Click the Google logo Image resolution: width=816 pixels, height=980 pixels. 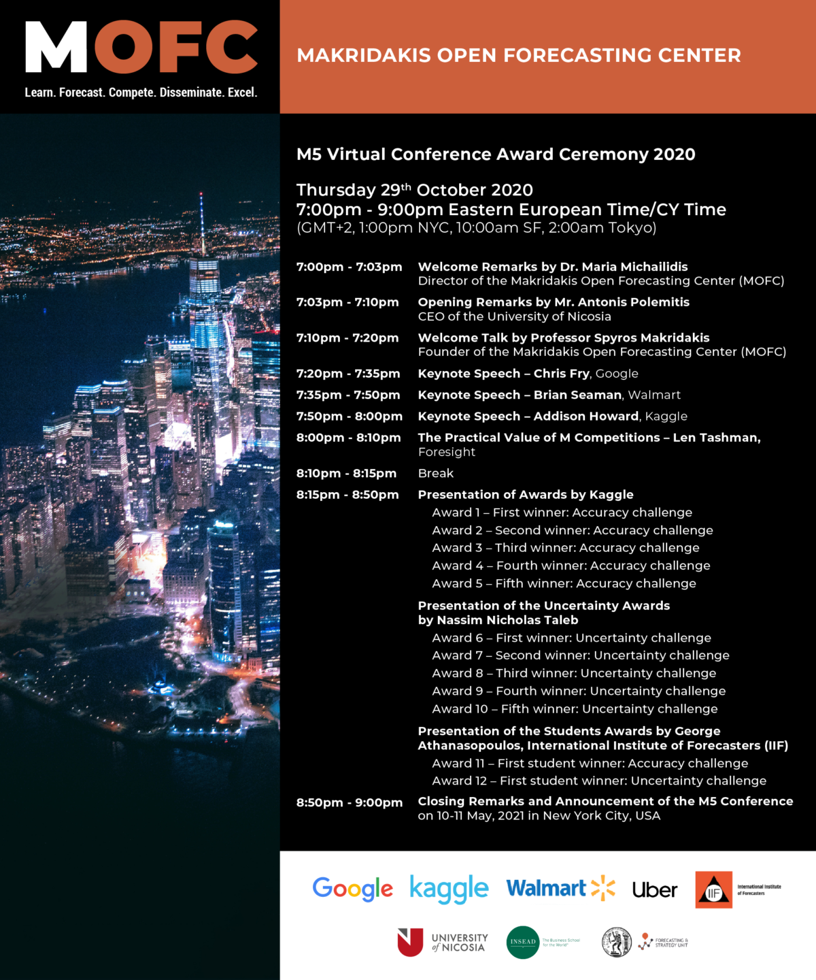coord(352,888)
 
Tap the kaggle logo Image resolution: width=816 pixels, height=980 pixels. coord(449,889)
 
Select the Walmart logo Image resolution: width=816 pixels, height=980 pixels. coord(560,888)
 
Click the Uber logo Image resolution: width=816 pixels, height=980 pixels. coord(654,890)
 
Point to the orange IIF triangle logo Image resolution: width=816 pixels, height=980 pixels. coord(713,890)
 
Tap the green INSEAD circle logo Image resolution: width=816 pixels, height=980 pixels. coord(523,943)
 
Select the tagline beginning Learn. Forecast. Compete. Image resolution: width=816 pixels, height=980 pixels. coord(141,93)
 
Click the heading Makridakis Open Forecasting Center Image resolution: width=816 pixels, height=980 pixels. coord(519,56)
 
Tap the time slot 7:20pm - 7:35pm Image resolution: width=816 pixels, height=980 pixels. coord(348,374)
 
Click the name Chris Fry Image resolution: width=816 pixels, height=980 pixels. coord(561,374)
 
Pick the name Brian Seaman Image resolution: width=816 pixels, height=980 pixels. coord(577,395)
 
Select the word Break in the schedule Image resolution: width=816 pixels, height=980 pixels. coord(435,473)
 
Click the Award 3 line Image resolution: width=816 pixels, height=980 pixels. coord(565,548)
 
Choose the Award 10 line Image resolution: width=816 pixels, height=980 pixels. coord(575,708)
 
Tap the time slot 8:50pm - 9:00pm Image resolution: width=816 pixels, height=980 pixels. coord(349,802)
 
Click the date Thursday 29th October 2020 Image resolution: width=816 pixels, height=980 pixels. coord(414,190)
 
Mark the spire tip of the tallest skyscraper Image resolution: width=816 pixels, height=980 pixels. coord(201,195)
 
